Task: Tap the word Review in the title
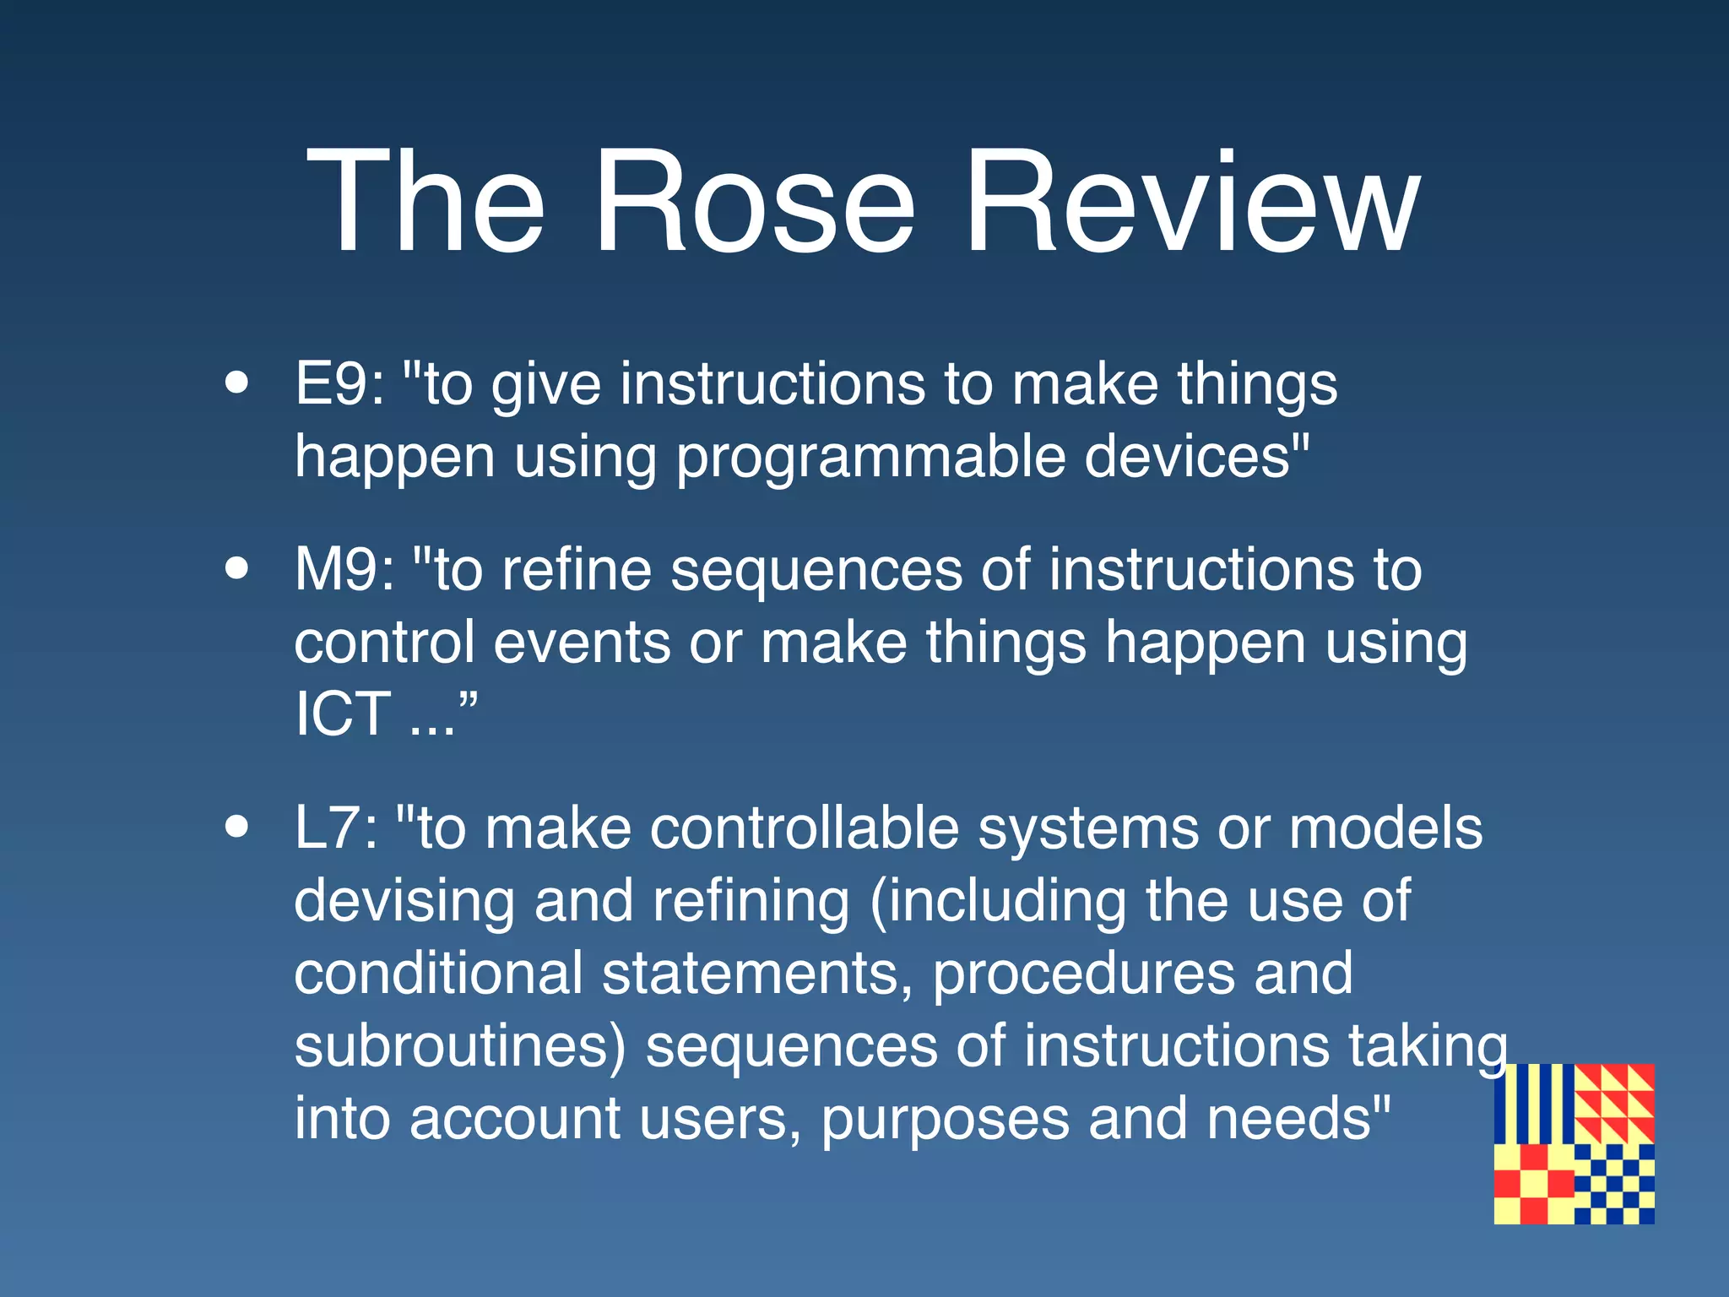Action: point(1191,203)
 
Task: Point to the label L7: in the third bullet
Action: point(336,828)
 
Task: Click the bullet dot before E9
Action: point(237,383)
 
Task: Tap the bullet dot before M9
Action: point(237,568)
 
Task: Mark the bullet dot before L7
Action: point(237,827)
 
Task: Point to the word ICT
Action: point(343,714)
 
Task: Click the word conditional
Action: point(438,973)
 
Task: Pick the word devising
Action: point(404,900)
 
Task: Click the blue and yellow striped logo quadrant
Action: point(1533,1104)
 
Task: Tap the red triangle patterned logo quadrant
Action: point(1614,1104)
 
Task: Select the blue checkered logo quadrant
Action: point(1614,1184)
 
